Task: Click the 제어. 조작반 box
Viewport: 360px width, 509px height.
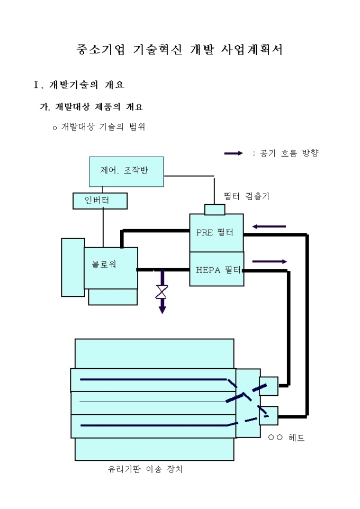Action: [126, 171]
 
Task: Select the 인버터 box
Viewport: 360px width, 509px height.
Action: [100, 201]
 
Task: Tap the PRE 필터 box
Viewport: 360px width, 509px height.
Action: [217, 232]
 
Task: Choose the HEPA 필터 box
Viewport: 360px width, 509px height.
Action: [217, 269]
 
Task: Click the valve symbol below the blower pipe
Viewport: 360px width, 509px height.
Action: [162, 292]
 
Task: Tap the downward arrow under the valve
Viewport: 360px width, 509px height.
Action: [162, 307]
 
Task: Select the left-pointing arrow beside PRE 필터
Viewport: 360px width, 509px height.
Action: [269, 226]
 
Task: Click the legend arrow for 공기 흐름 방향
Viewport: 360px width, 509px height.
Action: [233, 153]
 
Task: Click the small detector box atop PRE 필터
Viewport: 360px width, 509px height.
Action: [215, 210]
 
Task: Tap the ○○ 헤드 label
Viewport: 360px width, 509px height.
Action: [286, 438]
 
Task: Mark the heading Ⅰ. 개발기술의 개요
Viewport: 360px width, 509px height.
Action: [79, 85]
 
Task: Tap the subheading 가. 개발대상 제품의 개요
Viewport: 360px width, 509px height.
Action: [91, 107]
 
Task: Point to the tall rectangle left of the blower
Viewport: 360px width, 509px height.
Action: [73, 267]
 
